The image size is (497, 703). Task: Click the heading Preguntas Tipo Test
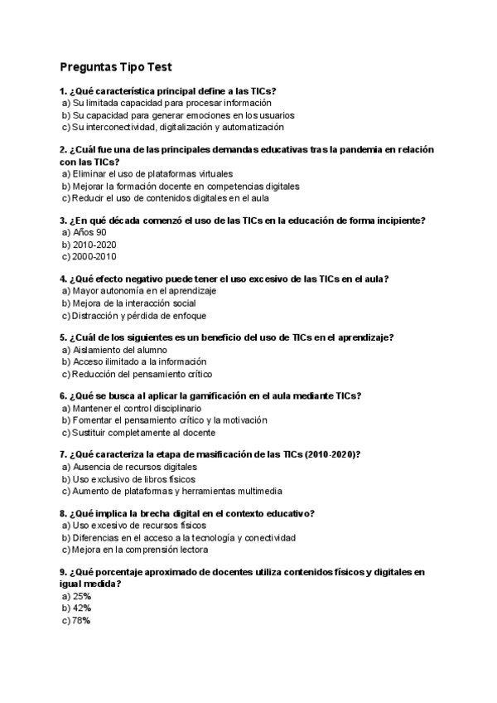click(x=116, y=66)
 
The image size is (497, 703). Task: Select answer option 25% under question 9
click(x=81, y=596)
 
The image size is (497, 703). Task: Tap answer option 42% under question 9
click(x=81, y=608)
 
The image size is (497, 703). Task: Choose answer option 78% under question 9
click(x=81, y=620)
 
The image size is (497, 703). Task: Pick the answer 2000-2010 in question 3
click(x=94, y=256)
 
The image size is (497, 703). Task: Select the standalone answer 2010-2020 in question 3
click(x=94, y=245)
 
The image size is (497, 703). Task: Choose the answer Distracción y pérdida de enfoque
click(x=139, y=315)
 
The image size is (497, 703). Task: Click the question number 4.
click(x=63, y=279)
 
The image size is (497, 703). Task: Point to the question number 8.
click(x=63, y=513)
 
